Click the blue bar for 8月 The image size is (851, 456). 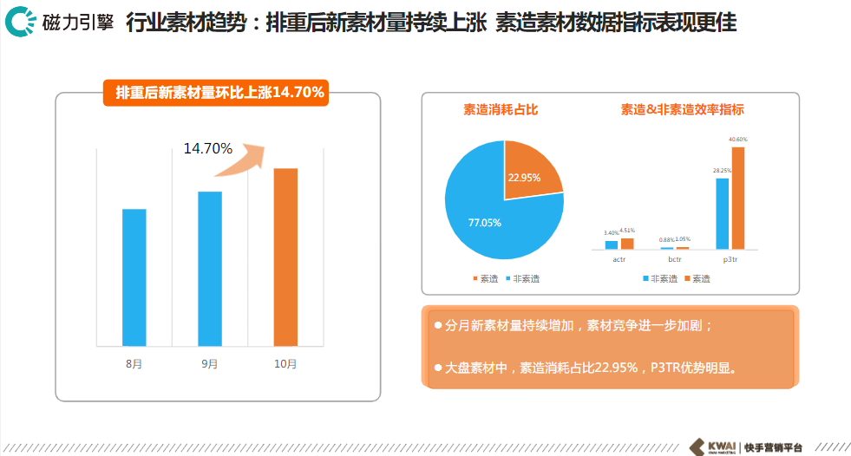pyautogui.click(x=134, y=277)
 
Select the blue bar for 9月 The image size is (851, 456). pyautogui.click(x=209, y=269)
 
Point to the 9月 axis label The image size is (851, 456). pyautogui.click(x=209, y=364)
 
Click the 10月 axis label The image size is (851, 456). pyautogui.click(x=285, y=364)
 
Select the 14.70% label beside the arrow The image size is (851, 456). pyautogui.click(x=207, y=148)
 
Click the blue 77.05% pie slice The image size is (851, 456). pyautogui.click(x=486, y=217)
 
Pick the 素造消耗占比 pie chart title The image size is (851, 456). pyautogui.click(x=501, y=110)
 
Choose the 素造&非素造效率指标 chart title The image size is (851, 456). pyautogui.click(x=682, y=110)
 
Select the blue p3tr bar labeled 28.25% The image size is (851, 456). pyautogui.click(x=722, y=213)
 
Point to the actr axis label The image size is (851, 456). pyautogui.click(x=619, y=258)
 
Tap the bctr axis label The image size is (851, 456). pyautogui.click(x=674, y=258)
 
